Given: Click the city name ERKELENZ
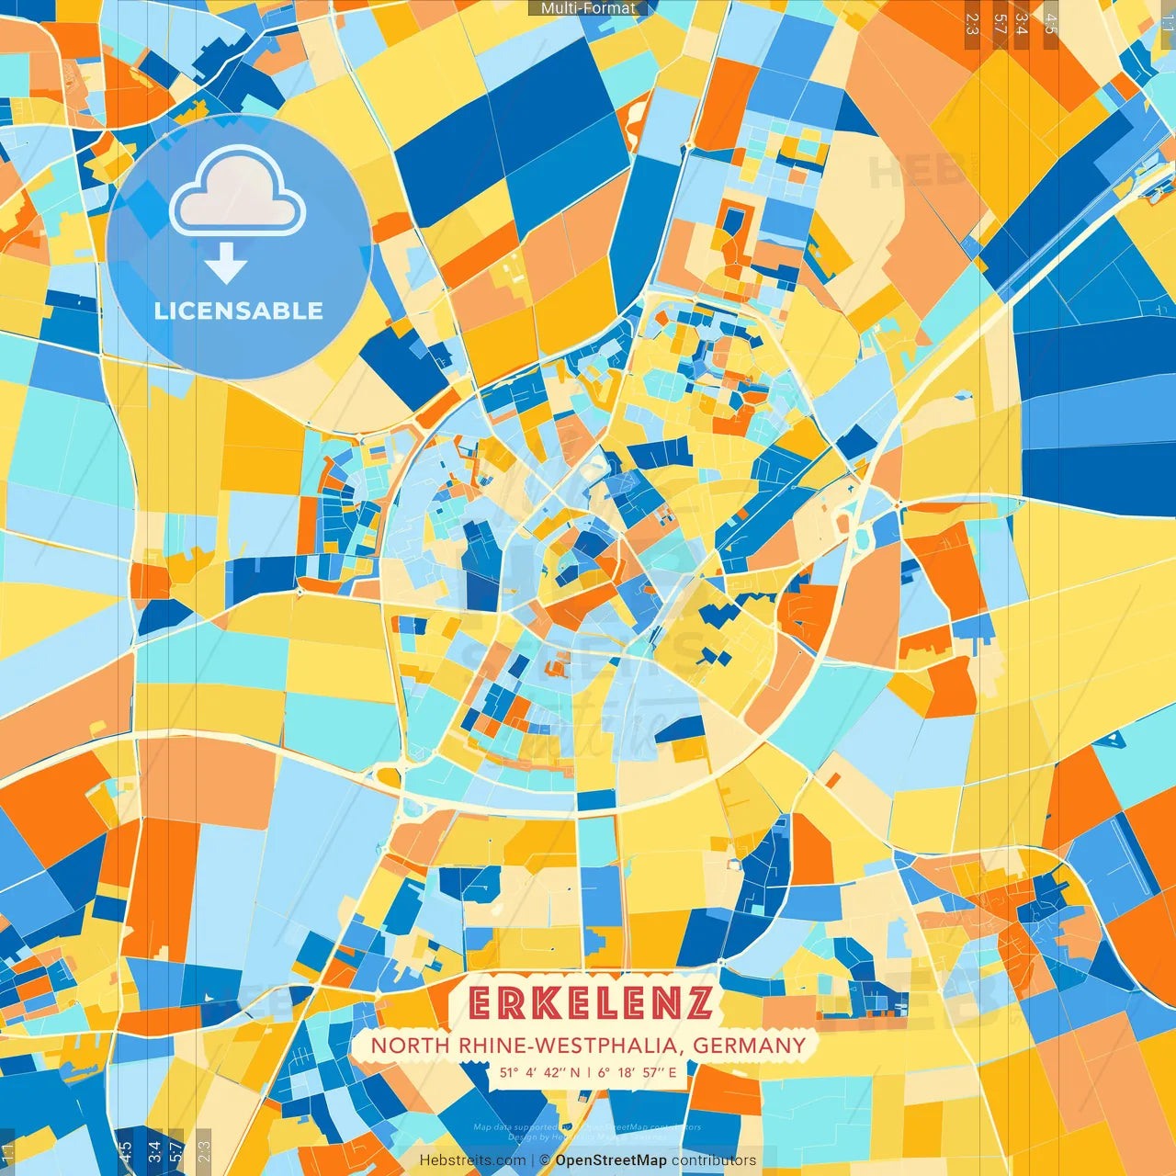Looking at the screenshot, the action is tap(589, 1003).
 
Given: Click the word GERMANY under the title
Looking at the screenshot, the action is tap(749, 1046).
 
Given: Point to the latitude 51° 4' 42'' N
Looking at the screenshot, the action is tap(539, 1072).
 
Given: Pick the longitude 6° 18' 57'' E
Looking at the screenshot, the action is tap(637, 1072).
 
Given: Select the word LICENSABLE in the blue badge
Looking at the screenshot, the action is tap(238, 311).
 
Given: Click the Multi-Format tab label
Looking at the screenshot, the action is tap(588, 8).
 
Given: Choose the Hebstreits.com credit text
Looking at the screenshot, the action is tap(471, 1160).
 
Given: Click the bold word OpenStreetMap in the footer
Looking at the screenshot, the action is tap(611, 1160).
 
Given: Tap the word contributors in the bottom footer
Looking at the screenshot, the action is tap(714, 1160).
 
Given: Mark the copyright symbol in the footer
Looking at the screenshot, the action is tap(545, 1160).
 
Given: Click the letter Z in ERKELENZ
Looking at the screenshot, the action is tap(697, 1003).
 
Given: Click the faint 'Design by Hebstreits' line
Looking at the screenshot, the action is tap(588, 1136).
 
